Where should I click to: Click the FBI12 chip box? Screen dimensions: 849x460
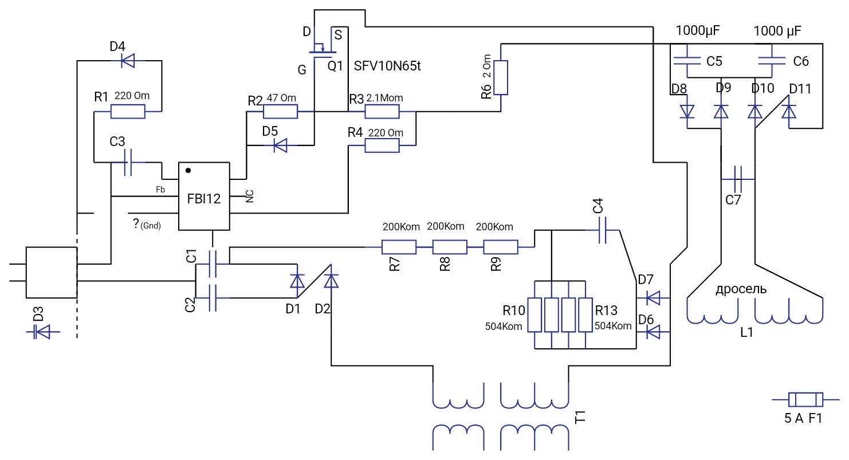204,196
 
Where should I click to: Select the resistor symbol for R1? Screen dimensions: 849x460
128,112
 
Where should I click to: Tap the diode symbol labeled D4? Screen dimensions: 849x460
128,61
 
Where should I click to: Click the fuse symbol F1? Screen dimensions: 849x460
805,399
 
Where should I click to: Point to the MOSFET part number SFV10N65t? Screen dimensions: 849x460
387,66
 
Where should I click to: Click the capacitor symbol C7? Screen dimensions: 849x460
738,179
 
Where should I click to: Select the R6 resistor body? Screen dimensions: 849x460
501,77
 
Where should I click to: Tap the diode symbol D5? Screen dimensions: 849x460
281,145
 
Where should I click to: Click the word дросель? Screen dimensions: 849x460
741,289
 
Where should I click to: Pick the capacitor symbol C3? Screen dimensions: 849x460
128,163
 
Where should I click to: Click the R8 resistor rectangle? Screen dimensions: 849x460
450,247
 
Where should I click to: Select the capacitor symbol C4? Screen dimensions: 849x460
603,230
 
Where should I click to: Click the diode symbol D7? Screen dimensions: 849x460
653,298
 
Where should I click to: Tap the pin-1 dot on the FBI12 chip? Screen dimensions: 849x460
188,171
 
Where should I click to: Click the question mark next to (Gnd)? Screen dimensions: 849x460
136,223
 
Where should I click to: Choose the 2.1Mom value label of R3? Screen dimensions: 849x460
384,98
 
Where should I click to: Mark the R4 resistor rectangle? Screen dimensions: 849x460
382,146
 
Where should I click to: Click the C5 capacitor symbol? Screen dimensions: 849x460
687,61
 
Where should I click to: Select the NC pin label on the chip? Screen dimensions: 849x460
249,196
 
